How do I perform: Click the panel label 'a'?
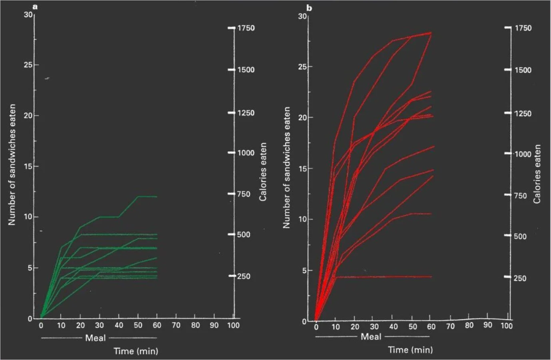coord(35,6)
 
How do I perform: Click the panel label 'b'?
coord(309,8)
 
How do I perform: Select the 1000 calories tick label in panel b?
coord(523,154)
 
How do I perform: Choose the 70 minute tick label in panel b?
coord(451,326)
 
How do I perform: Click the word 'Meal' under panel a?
coord(95,338)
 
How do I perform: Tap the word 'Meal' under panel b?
coord(371,336)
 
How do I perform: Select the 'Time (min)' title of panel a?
coord(136,351)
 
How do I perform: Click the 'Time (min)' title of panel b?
coord(410,350)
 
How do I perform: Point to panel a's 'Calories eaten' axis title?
coord(263,172)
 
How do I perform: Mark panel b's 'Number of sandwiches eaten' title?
coord(286,168)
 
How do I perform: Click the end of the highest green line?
coord(157,196)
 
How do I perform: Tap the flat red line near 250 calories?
coord(384,276)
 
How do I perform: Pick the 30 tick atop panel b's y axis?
coord(303,16)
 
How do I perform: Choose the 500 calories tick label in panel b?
coord(520,236)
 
